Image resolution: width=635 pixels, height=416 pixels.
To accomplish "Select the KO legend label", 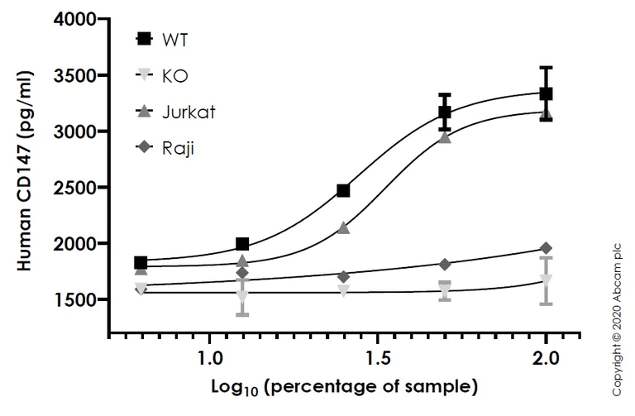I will [175, 75].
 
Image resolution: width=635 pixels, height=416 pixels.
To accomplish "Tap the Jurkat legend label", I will [189, 112].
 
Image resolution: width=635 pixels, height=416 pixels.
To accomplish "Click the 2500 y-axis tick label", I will [74, 188].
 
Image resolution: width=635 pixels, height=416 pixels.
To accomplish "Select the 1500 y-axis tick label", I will [74, 299].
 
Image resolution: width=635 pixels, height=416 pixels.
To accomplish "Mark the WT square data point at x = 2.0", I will [546, 94].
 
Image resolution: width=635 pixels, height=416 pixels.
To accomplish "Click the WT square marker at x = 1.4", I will [343, 191].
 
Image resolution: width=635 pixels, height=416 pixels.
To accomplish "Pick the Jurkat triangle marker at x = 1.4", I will [343, 227].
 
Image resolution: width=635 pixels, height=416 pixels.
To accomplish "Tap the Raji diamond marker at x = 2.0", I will [546, 248].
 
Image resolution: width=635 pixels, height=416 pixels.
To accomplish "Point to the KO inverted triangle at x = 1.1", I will [242, 295].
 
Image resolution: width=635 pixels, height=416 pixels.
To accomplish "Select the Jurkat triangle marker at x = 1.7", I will [445, 137].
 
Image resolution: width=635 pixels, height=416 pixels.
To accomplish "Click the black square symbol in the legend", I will [144, 39].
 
